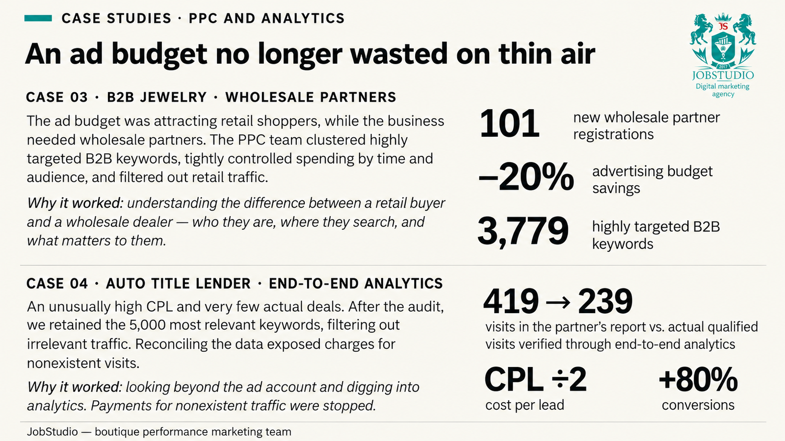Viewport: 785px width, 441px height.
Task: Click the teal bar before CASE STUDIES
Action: [38, 18]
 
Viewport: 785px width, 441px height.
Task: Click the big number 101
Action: [509, 124]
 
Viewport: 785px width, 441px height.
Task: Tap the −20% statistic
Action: [525, 177]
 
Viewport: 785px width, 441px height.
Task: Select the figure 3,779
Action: [523, 231]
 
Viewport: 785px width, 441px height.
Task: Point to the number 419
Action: [511, 301]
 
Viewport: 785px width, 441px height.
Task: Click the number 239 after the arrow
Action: [605, 301]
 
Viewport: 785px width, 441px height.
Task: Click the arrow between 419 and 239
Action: [558, 302]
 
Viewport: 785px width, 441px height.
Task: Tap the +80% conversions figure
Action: [698, 379]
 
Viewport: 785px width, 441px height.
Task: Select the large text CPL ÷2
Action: [535, 379]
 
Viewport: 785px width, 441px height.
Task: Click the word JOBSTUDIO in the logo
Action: [723, 75]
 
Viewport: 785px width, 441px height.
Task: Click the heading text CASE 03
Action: [57, 98]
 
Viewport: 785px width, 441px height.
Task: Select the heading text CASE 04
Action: [57, 284]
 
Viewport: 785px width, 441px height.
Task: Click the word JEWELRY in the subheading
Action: [174, 98]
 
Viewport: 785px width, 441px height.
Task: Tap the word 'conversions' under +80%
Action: [698, 405]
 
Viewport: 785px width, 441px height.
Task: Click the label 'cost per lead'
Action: [524, 405]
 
